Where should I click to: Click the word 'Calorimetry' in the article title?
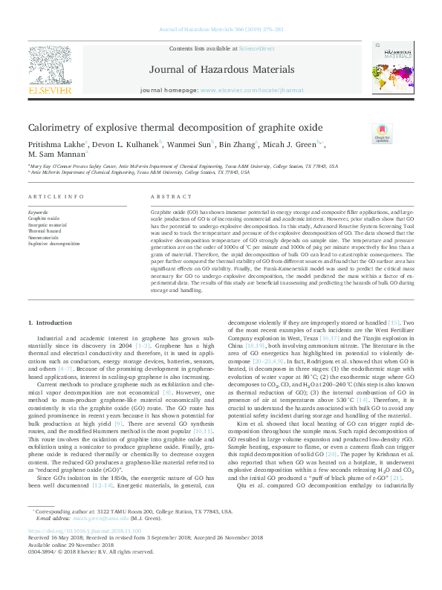point(53,127)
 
